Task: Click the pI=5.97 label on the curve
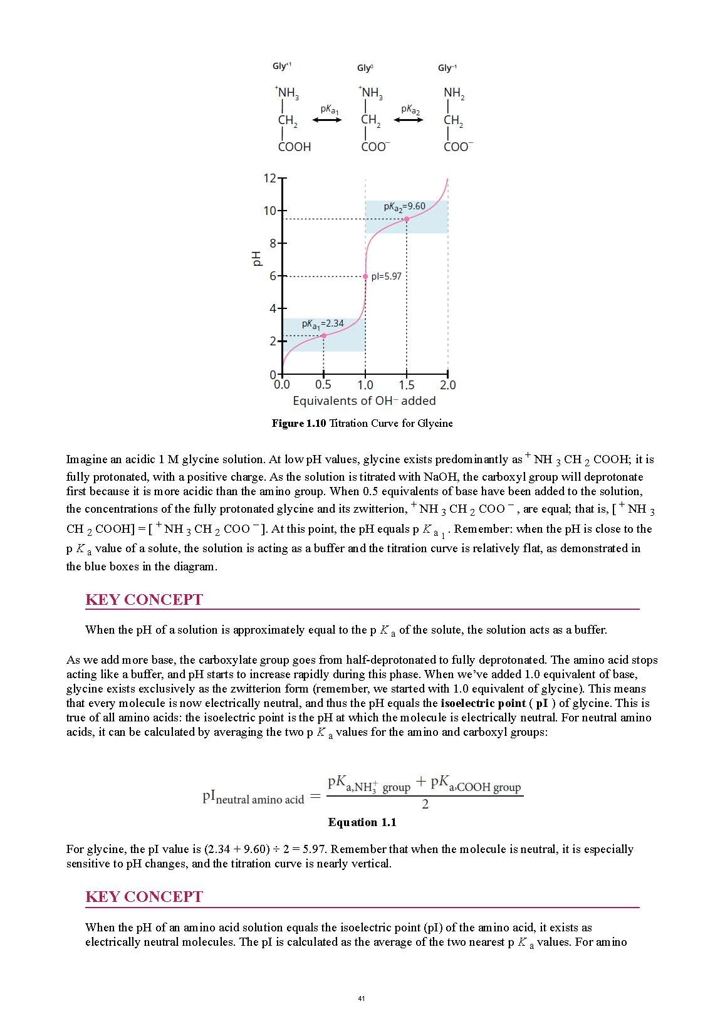point(387,276)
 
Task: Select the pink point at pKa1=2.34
point(323,336)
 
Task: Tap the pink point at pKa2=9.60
point(407,219)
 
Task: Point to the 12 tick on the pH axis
point(270,179)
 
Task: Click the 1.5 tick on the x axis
point(407,385)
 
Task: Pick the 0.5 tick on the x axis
point(323,385)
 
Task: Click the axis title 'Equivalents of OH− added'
point(364,400)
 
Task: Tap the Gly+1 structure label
point(282,66)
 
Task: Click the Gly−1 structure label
point(447,68)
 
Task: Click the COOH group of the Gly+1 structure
point(295,147)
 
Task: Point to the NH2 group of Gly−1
point(454,93)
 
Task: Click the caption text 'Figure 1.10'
point(299,423)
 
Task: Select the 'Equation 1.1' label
point(362,822)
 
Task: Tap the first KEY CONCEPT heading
point(144,600)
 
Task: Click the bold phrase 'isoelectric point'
point(483,703)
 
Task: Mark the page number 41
point(362,998)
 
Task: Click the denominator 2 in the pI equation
point(425,804)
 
